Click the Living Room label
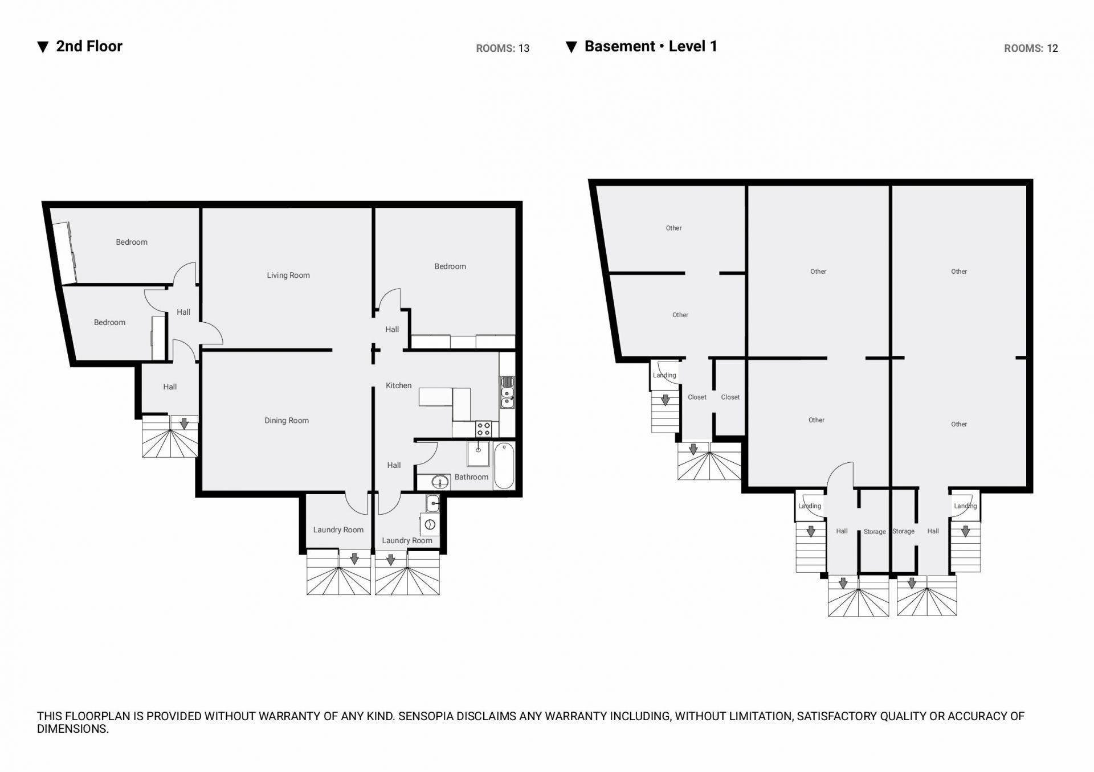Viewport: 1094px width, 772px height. coord(288,275)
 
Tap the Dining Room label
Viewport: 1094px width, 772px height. coord(287,421)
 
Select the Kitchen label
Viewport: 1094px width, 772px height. coord(398,385)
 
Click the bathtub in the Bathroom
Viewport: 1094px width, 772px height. coord(504,466)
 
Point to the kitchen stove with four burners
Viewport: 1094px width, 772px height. coord(483,429)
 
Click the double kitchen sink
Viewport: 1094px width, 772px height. coord(507,392)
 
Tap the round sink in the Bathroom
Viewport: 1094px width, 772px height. coord(440,483)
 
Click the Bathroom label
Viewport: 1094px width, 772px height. coord(471,477)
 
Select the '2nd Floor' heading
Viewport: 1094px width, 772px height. coord(89,46)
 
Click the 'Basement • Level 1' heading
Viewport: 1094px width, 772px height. coord(651,46)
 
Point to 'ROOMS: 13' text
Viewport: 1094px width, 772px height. coord(503,48)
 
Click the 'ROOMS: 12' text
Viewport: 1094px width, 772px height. coord(1031,48)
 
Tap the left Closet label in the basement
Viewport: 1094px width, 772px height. coord(697,397)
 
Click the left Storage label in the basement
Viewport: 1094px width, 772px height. coord(875,532)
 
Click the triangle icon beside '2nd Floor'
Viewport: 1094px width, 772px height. coord(43,47)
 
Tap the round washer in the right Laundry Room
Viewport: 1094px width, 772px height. coord(430,524)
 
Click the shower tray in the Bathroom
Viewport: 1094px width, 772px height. coord(478,454)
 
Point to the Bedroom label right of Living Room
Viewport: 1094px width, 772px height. coord(450,266)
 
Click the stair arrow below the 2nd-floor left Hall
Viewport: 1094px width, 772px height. coord(184,424)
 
